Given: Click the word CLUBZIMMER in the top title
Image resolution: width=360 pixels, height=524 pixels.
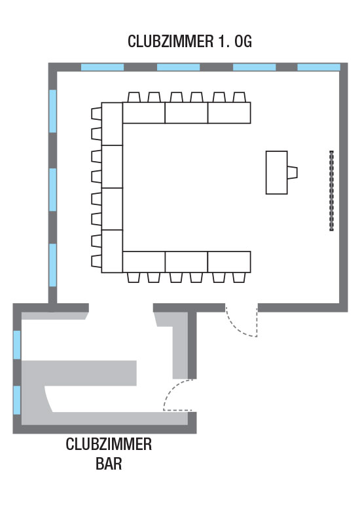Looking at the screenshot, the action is coord(170,41).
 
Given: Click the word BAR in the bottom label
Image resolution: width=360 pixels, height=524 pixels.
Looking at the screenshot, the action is coord(109,464).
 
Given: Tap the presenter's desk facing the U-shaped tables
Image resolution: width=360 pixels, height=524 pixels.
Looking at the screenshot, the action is coord(276,172).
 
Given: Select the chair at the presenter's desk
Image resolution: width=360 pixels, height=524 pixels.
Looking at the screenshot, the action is coord(292,172).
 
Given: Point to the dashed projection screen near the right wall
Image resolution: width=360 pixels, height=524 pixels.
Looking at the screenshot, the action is coord(331,191).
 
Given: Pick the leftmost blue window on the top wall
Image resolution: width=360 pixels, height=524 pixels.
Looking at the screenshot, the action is coord(103,67).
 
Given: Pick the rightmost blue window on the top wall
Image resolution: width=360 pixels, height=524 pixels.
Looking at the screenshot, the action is coord(319,67).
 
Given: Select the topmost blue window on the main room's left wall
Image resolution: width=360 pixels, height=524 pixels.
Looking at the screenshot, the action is coord(53,111).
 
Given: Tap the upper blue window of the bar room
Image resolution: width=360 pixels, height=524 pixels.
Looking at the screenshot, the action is coord(17,345).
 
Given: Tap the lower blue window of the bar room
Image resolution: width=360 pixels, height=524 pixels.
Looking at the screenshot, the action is coord(17,400).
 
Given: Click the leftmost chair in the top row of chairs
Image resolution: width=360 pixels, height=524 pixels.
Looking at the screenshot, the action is coord(134,97).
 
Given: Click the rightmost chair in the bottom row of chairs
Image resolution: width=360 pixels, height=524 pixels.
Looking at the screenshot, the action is coord(239,277).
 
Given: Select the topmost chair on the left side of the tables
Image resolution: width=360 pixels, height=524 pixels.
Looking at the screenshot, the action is coord(96,113).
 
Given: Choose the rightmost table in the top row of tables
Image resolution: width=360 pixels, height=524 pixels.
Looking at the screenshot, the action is coord(229,113).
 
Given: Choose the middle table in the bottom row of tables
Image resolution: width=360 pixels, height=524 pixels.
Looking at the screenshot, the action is coord(187,261).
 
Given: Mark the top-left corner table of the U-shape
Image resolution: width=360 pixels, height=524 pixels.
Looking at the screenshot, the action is coord(112,124).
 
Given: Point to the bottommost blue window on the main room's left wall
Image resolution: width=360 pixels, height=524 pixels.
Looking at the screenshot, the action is coord(53,265).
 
